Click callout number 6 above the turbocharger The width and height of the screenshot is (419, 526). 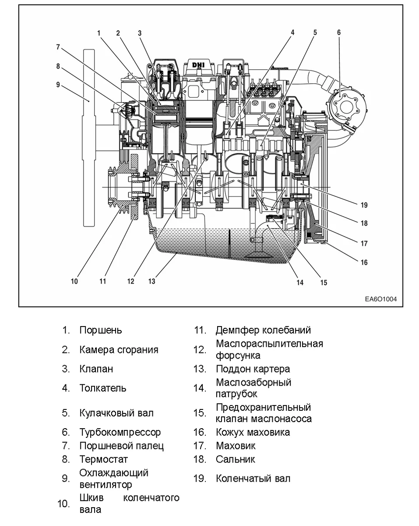[338, 32]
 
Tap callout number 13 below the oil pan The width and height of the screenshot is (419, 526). [151, 281]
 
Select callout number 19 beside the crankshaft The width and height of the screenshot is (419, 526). [364, 205]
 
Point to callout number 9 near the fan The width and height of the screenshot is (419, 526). [58, 85]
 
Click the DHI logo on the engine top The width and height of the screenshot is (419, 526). [199, 65]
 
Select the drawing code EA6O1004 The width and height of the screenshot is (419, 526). [380, 300]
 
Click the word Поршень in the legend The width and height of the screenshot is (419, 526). [101, 330]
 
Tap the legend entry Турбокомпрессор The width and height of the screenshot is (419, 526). [120, 432]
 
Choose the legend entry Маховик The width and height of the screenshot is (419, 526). [236, 446]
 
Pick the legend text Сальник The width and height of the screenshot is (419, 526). [235, 459]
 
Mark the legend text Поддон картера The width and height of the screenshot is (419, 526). [253, 369]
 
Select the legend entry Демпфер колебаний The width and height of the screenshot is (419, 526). [263, 330]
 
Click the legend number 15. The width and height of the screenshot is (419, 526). [200, 413]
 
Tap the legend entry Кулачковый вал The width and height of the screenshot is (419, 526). [116, 413]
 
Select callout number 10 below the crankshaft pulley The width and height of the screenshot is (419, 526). [74, 281]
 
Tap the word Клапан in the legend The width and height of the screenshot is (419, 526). [96, 369]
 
